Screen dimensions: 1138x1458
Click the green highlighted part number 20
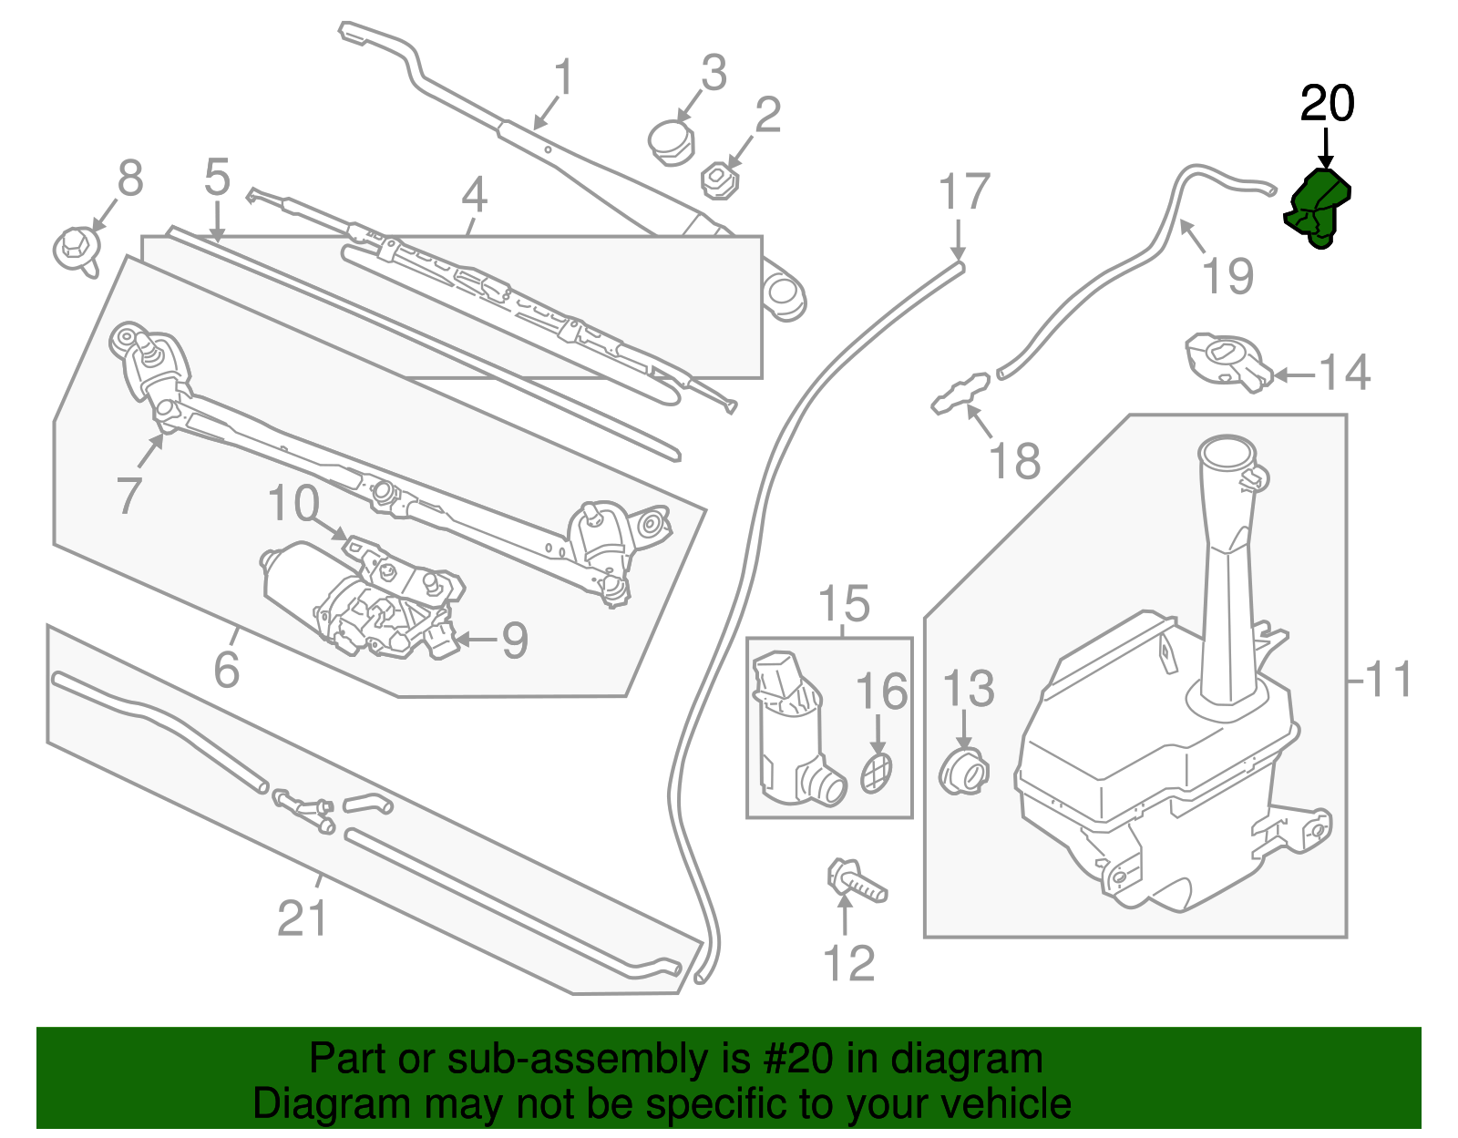point(1318,208)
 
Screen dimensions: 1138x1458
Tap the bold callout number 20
point(1327,104)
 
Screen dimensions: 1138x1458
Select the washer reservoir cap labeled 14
point(1227,361)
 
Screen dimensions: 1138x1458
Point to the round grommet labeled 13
point(963,773)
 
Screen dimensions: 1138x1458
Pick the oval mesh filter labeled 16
point(876,773)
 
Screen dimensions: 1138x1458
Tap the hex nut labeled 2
point(719,179)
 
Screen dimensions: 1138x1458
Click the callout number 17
point(963,192)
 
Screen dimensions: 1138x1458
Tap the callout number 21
point(302,918)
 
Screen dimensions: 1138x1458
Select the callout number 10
point(293,504)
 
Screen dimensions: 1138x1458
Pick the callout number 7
point(128,495)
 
